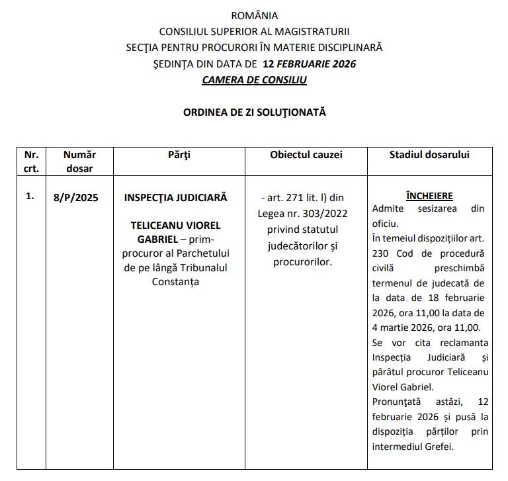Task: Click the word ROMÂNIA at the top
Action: click(255, 16)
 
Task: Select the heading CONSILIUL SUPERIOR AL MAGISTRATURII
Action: click(255, 32)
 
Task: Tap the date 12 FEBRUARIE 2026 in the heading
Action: click(310, 64)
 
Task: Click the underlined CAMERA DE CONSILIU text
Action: click(255, 80)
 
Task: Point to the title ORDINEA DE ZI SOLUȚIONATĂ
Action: click(255, 112)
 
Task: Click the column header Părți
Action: click(179, 155)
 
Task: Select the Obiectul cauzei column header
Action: click(306, 155)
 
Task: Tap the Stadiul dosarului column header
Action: click(429, 155)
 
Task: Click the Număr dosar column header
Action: click(80, 161)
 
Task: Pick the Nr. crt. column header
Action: click(31, 161)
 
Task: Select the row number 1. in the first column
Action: click(30, 197)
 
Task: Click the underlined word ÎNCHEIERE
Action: click(429, 197)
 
